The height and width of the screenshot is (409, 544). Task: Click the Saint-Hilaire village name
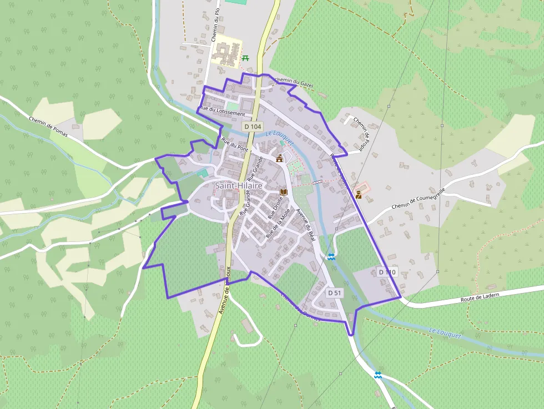(x=239, y=185)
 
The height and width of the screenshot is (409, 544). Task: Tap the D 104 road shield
(x=253, y=127)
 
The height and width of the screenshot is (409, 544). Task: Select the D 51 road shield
(x=334, y=292)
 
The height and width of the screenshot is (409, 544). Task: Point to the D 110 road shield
(x=387, y=272)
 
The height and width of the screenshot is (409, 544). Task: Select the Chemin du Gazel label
(x=294, y=83)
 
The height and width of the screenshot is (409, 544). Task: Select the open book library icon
(x=284, y=192)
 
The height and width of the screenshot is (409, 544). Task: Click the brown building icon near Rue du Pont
(x=279, y=159)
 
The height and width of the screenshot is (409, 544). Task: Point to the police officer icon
(x=359, y=194)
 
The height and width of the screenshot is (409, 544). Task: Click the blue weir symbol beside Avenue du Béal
(x=331, y=256)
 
